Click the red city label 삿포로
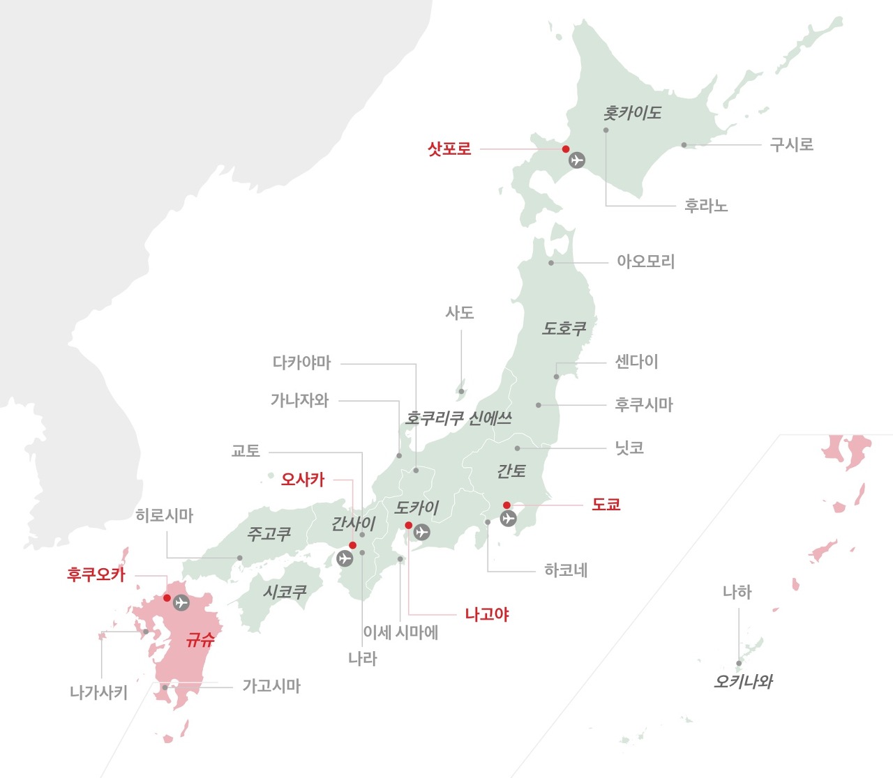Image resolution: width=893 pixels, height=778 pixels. (449, 148)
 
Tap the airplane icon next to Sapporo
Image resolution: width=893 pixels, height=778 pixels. (576, 160)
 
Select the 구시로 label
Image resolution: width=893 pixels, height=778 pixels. (791, 145)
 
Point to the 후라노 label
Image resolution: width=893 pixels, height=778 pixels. (706, 206)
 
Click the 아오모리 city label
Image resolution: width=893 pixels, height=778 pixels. (645, 262)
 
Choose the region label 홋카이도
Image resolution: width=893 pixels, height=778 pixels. (632, 113)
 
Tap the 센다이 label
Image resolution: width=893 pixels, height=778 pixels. (636, 362)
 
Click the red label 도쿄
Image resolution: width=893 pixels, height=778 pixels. (606, 504)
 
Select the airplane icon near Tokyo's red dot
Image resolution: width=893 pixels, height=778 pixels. (509, 518)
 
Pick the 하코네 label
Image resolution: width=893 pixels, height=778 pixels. (566, 570)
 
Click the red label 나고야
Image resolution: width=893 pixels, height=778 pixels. (487, 614)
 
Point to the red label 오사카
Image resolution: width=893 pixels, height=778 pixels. (303, 480)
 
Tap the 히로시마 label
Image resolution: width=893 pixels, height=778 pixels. (165, 515)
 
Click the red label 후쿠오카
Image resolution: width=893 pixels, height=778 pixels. (96, 574)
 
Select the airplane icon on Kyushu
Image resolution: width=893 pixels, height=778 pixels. (181, 602)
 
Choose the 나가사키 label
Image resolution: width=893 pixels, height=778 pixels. (98, 692)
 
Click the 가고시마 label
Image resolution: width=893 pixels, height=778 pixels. (271, 686)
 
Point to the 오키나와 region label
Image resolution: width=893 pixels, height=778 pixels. (743, 682)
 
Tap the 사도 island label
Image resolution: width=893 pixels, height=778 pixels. (460, 313)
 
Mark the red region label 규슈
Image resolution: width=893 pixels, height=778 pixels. (200, 639)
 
